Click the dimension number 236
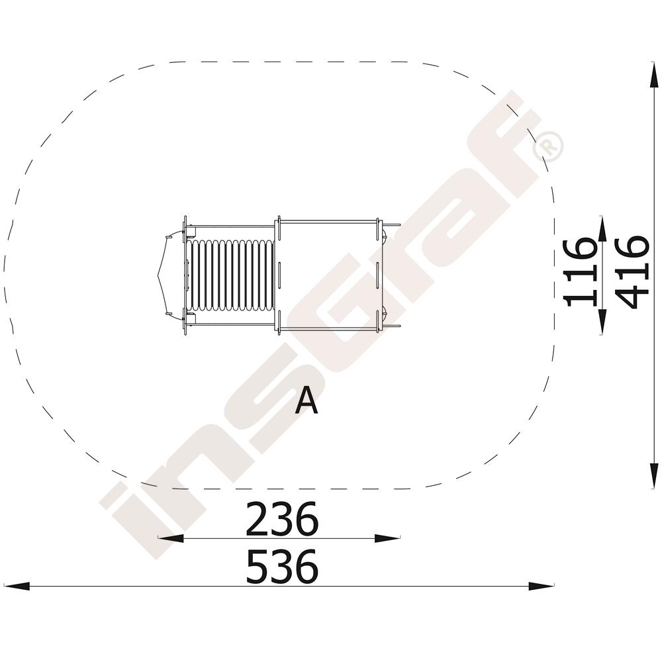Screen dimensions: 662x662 [x=281, y=518]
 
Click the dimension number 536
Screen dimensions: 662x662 [x=281, y=567]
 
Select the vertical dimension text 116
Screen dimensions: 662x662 [x=581, y=271]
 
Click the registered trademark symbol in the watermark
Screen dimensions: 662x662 [x=548, y=147]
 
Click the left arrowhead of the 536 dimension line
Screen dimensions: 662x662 [x=17, y=586]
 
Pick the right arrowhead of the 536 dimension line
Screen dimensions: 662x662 [x=541, y=586]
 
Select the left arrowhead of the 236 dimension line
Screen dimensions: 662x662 [x=171, y=538]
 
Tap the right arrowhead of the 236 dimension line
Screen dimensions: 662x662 [x=387, y=538]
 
